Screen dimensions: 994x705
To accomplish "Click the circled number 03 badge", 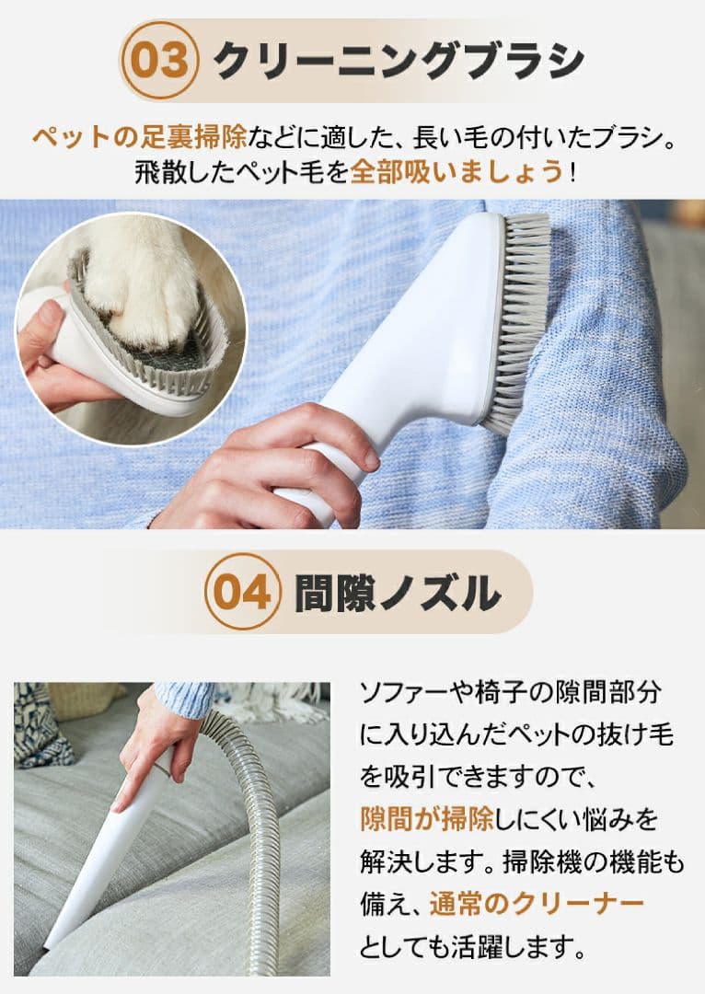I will (160, 60).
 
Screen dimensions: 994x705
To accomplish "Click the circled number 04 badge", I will (242, 591).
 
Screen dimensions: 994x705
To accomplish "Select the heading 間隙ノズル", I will (398, 593).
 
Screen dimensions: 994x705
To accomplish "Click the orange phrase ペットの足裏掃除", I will (140, 138).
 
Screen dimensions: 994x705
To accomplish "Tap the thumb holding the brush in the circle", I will (41, 322).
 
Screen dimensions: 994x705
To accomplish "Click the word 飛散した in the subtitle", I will (174, 172).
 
